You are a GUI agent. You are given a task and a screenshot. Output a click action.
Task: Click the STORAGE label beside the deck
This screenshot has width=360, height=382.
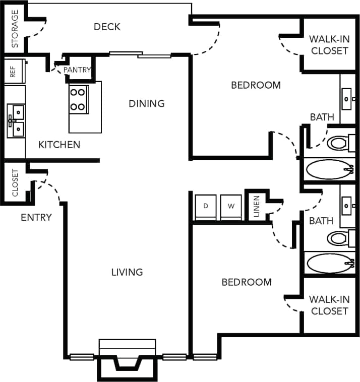[15, 29]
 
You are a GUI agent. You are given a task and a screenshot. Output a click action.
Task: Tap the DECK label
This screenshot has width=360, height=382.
[107, 27]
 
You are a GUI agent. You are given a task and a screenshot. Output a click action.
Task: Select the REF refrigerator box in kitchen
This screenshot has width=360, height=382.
[14, 71]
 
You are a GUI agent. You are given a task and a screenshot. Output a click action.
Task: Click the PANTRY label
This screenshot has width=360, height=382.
[77, 70]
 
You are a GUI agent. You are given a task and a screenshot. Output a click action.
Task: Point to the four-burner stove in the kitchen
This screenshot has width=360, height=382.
[79, 99]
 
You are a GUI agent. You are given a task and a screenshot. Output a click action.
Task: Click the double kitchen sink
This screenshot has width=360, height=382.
[15, 121]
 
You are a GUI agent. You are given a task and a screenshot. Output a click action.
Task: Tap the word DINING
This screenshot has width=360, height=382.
[146, 103]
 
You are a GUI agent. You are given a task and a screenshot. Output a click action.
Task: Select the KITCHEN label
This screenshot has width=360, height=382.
[59, 145]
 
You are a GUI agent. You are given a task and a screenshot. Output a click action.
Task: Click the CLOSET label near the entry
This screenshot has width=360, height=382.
[15, 182]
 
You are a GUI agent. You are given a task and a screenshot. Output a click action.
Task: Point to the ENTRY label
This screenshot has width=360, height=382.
[36, 218]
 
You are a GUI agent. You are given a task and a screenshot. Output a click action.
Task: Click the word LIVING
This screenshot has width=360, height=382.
[127, 272]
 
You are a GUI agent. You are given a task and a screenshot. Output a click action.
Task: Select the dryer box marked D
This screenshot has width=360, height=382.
[205, 207]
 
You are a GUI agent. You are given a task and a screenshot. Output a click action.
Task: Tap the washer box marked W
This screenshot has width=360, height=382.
[231, 207]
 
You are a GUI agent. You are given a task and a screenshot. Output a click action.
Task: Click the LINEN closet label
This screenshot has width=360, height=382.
[256, 206]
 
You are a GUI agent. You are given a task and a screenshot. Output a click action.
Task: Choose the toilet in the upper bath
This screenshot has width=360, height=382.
[337, 143]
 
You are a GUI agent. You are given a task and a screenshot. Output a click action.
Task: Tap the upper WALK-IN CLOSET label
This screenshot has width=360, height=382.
[329, 44]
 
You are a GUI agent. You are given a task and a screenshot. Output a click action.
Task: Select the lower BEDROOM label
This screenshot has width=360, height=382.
[247, 282]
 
